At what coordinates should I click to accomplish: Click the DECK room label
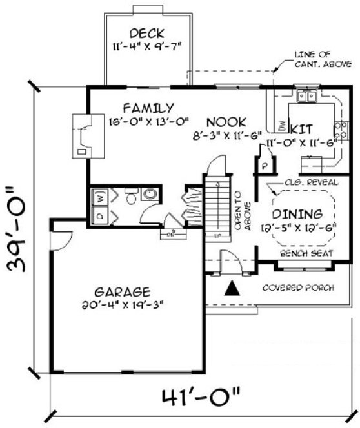pos(147,33)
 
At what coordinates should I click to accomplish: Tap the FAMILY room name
pos(149,108)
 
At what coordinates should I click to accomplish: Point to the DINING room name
pos(296,213)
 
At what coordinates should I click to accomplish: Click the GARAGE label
pos(120,291)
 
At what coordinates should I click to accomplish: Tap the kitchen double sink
pos(305,97)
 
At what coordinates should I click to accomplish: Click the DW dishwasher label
pos(282,123)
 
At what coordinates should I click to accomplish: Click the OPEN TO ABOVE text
pos(242,210)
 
